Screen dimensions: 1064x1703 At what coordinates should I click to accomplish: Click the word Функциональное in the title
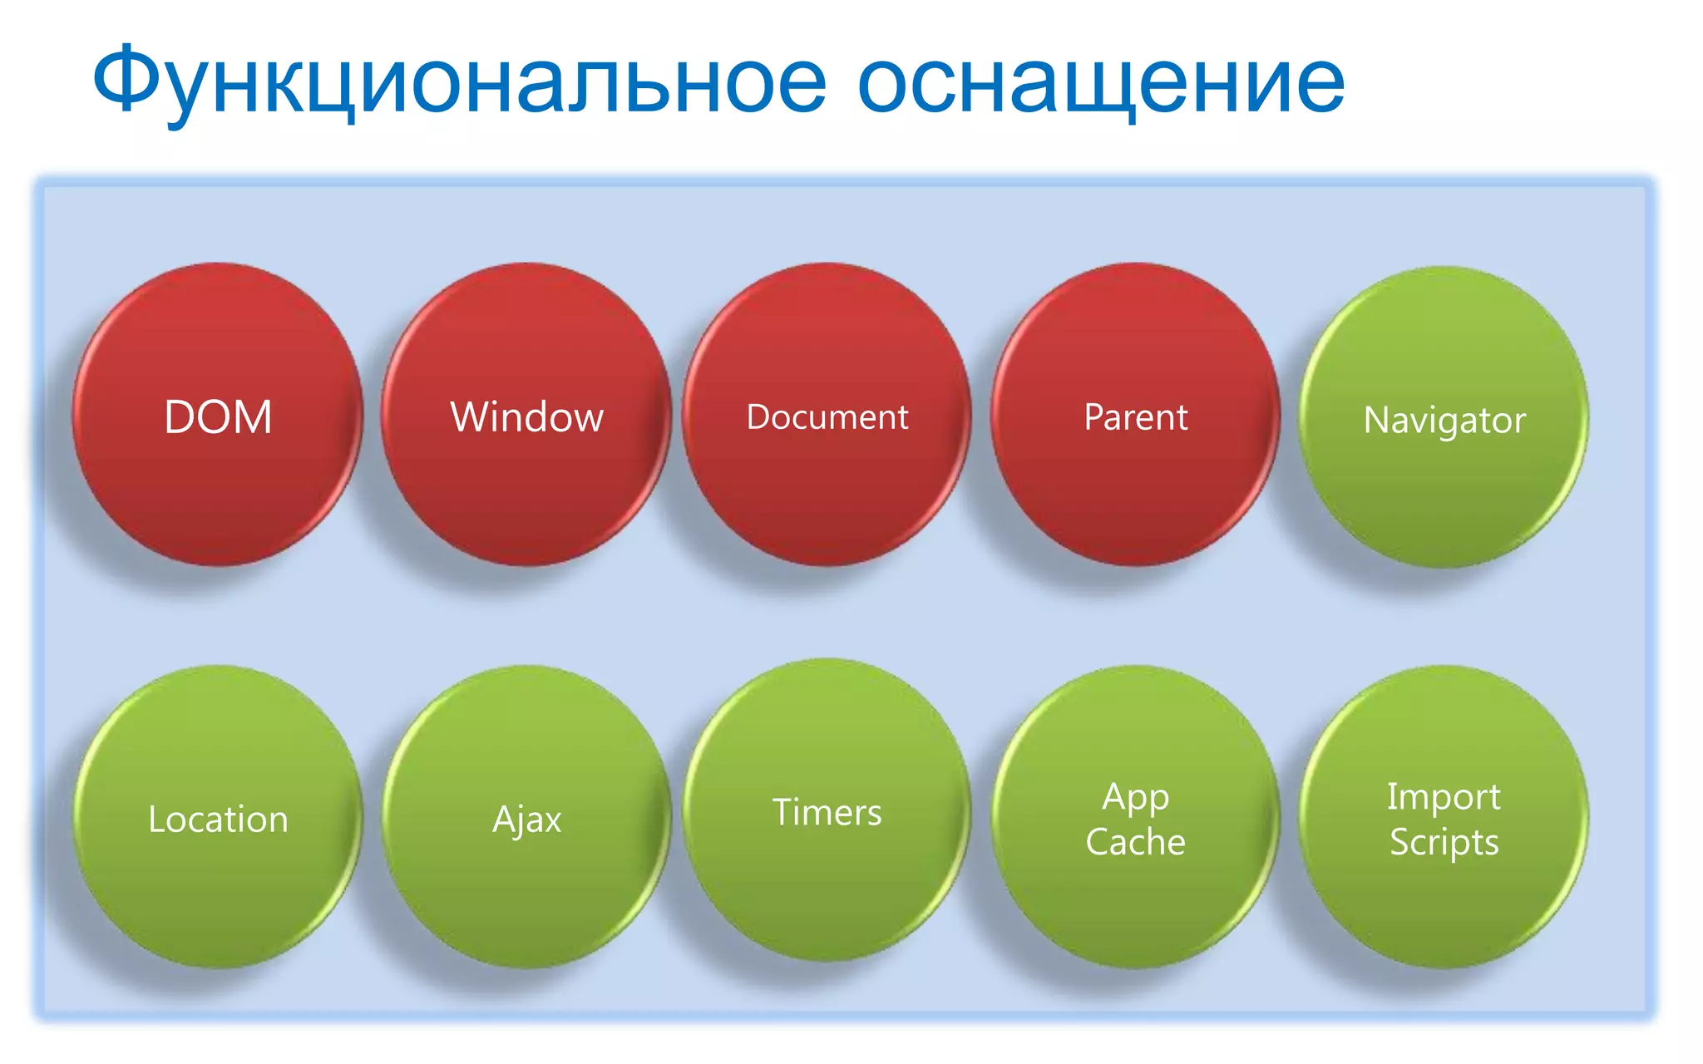tap(459, 81)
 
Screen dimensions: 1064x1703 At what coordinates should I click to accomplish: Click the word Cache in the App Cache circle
tap(1136, 842)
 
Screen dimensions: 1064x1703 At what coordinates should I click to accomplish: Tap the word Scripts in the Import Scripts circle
tap(1444, 842)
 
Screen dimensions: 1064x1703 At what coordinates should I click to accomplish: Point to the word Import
tap(1444, 796)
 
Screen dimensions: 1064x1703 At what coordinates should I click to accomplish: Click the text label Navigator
tap(1444, 420)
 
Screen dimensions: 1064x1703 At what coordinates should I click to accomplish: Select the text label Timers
tap(827, 812)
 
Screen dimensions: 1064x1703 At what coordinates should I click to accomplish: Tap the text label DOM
tap(218, 416)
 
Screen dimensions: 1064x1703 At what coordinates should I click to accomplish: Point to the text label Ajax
tap(526, 820)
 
